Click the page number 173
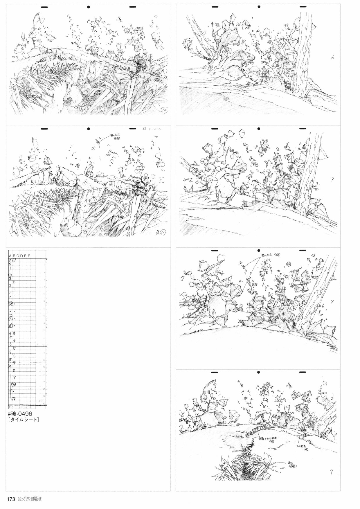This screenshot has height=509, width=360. pos(11,499)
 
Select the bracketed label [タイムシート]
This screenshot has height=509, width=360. pos(24,420)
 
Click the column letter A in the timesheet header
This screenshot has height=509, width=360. pos(10,256)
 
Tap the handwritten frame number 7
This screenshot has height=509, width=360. pos(332,179)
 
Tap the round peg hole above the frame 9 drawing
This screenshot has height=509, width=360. pos(258,372)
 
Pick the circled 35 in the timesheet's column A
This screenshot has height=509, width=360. pos(11,305)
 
